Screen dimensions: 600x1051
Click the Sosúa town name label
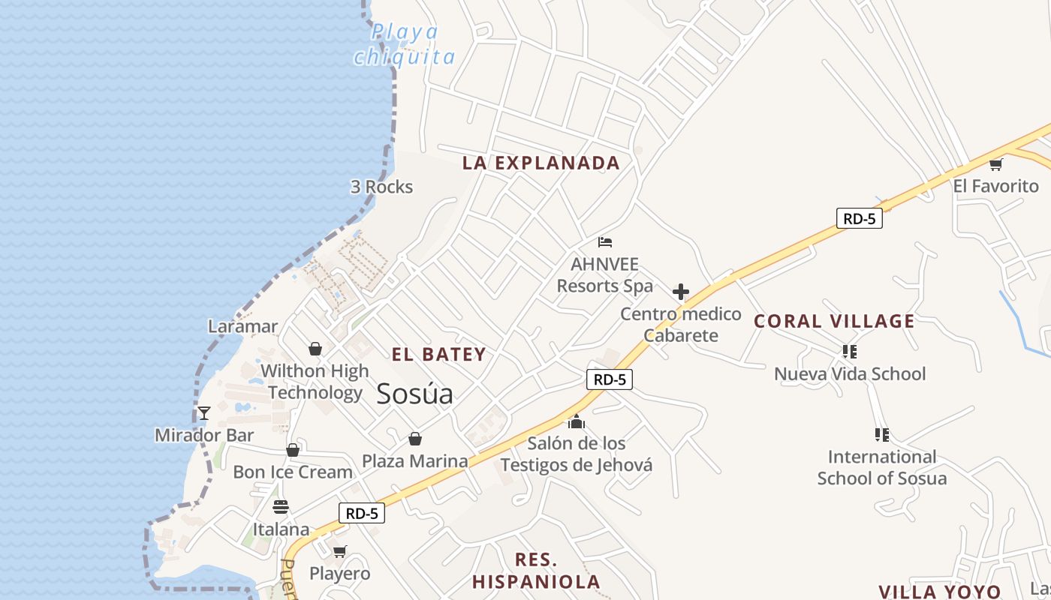[414, 394]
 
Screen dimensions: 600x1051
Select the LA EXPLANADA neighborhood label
[541, 163]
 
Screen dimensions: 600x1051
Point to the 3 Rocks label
[381, 187]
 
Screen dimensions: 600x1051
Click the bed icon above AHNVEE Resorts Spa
[605, 241]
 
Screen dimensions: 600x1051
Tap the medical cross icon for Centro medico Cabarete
[681, 292]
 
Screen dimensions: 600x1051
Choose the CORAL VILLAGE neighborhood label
[834, 322]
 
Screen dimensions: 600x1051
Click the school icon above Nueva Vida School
[850, 351]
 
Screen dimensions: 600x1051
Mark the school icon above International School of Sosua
[882, 434]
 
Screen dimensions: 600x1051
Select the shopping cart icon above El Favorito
[995, 164]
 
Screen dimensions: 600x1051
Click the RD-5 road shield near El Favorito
[860, 219]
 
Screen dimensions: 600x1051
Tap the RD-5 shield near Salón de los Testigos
[610, 379]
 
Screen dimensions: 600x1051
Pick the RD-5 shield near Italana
[362, 514]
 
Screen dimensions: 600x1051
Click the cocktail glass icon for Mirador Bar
[203, 413]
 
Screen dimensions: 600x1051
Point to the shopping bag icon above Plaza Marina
[415, 439]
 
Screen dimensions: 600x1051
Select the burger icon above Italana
[281, 507]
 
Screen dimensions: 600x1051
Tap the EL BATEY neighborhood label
[439, 355]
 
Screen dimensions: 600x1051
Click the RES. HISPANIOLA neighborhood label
[537, 571]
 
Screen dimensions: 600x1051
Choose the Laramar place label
[242, 327]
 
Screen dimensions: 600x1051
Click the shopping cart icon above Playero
[339, 552]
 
